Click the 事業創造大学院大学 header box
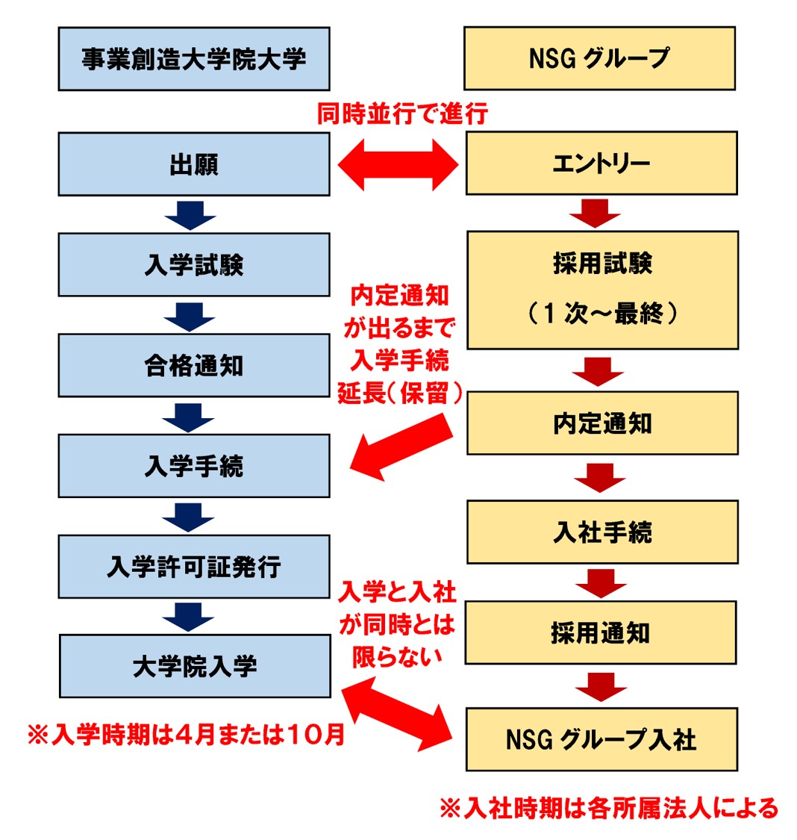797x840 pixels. pos(194,59)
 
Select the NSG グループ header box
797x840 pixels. pos(599,58)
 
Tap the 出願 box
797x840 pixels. pos(194,164)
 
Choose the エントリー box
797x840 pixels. pos(601,164)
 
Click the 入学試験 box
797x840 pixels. pos(194,264)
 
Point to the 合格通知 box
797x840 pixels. pos(194,365)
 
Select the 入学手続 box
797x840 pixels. pos(194,466)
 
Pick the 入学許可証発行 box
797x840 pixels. pos(194,566)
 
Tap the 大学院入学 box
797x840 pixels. pos(195,666)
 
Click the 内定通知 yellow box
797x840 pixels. pos(602,423)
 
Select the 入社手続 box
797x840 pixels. pos(602,532)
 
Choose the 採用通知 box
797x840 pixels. pos(601,632)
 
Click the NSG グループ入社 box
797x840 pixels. pos(601,739)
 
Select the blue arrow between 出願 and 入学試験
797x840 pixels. pos(190,215)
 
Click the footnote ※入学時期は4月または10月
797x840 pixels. pos(186,735)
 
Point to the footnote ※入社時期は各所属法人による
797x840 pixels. pos(608,807)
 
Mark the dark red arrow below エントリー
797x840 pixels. pos(595,213)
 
